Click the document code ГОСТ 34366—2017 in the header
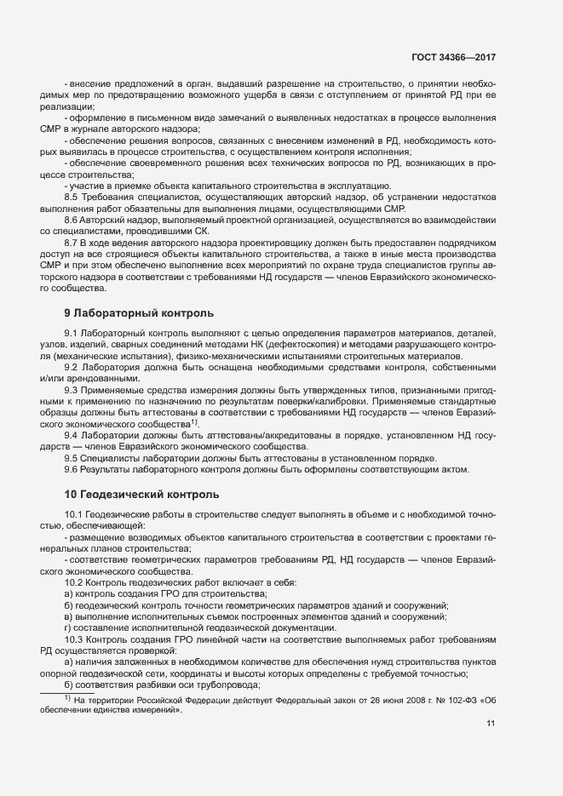(x=451, y=57)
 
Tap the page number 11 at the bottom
(x=491, y=724)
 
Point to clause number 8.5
(x=72, y=197)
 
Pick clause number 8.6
(x=72, y=220)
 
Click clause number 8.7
(x=72, y=243)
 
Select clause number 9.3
(x=72, y=389)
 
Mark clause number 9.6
(x=72, y=470)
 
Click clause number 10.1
(x=74, y=515)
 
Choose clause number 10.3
(x=74, y=639)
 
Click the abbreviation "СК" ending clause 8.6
(x=200, y=231)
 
